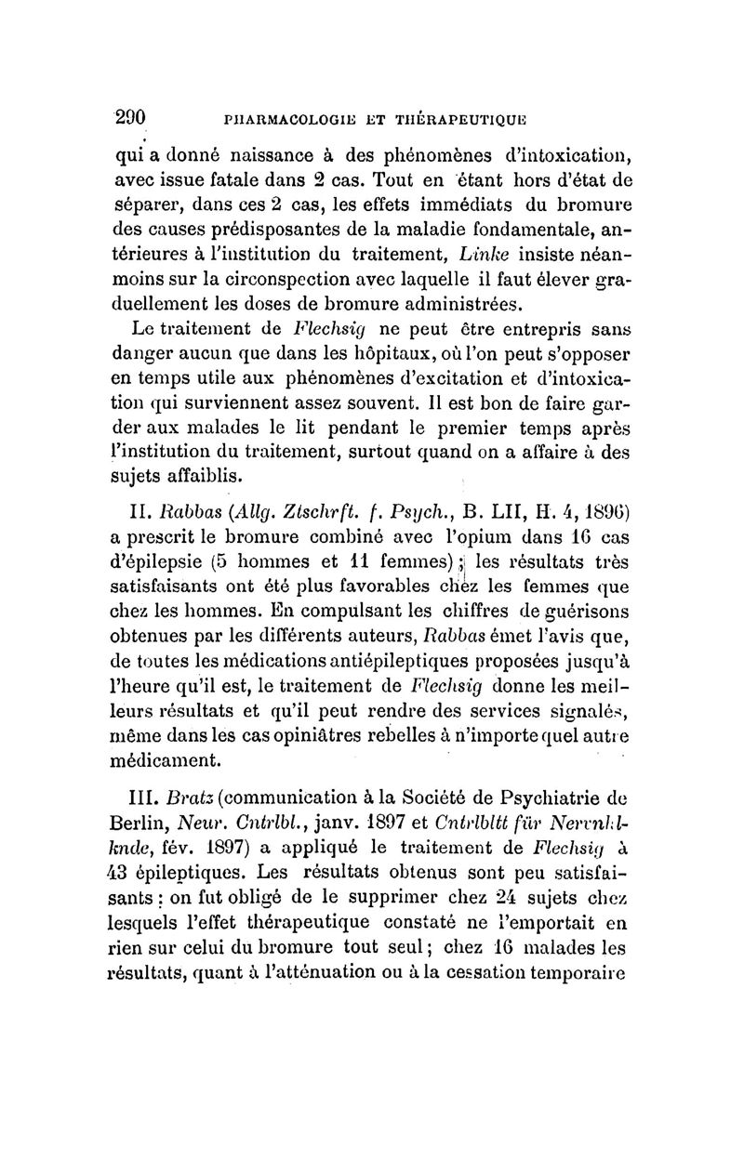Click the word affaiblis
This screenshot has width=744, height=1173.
(205, 478)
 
